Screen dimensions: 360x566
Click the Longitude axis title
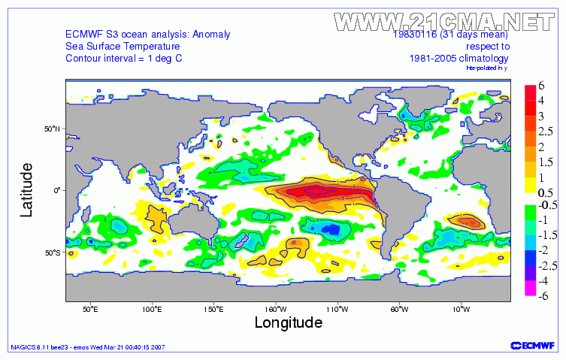pos(288,322)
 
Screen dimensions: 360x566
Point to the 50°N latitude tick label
pos(51,129)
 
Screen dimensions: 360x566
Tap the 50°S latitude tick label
pos(51,252)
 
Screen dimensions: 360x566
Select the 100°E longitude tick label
pos(152,309)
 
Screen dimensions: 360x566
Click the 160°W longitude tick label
pos(275,309)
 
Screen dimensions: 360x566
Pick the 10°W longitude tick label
pos(461,309)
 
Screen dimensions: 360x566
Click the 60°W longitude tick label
pos(399,309)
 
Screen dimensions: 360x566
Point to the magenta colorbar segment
pos(530,289)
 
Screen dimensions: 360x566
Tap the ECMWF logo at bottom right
pos(533,346)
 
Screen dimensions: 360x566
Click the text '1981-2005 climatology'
pos(459,58)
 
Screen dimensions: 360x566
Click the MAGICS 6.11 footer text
pos(86,347)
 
